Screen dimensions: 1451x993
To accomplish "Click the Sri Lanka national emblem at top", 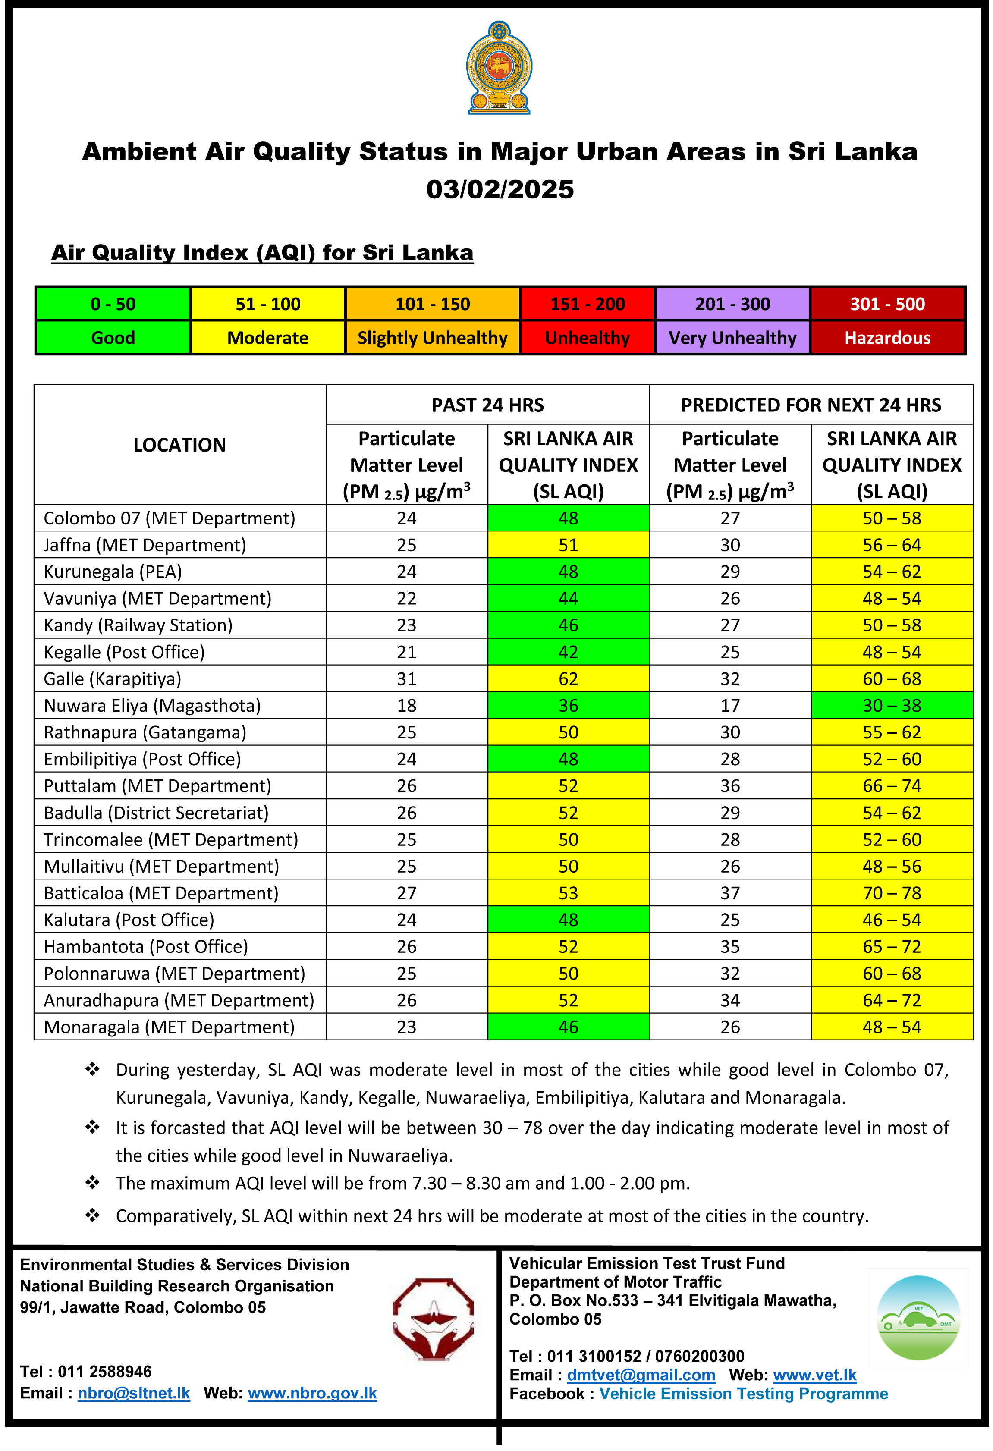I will coord(499,67).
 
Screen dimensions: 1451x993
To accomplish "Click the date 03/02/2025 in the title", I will coord(500,189).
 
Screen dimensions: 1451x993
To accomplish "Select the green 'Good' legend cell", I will coord(113,338).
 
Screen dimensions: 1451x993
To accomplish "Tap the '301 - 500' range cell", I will coord(887,304).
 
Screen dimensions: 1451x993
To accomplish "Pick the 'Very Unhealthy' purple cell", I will coord(732,338).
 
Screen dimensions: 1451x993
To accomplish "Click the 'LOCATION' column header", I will coord(179,445).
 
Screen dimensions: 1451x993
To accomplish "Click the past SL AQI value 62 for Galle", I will coord(568,678).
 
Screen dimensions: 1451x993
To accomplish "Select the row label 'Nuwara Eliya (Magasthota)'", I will coord(152,706).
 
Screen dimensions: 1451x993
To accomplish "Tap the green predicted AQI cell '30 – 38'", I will coord(891,706).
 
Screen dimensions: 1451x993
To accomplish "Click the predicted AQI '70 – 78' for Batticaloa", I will coord(891,893).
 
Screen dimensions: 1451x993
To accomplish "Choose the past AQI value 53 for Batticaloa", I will coord(568,893).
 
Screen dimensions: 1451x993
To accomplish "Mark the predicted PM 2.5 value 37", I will coord(729,893).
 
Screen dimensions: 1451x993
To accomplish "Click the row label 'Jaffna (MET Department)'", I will coord(145,545).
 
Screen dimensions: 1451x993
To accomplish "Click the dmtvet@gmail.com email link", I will coord(641,1374).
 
